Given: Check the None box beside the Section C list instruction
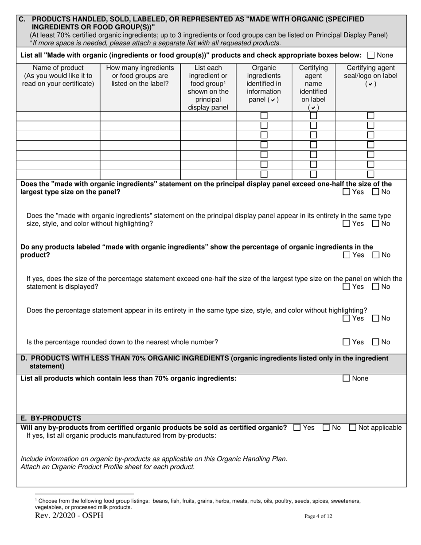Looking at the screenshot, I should pyautogui.click(x=371, y=55).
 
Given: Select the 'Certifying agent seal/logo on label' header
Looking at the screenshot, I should pyautogui.click(x=370, y=76).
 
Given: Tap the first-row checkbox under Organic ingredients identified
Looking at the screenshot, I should pyautogui.click(x=264, y=116).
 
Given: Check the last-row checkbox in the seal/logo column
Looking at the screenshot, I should pyautogui.click(x=370, y=174).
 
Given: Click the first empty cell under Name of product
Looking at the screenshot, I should pyautogui.click(x=58, y=116).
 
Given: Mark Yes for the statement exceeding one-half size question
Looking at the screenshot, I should pyautogui.click(x=347, y=192).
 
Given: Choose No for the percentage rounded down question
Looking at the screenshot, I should pyautogui.click(x=376, y=342).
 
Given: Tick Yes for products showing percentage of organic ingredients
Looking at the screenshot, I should pyautogui.click(x=347, y=255).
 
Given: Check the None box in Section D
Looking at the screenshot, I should pyautogui.click(x=347, y=378).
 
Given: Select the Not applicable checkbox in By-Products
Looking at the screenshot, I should pyautogui.click(x=353, y=428).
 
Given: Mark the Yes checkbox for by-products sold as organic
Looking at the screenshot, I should pyautogui.click(x=297, y=428).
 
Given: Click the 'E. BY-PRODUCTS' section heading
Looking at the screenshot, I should pyautogui.click(x=51, y=418).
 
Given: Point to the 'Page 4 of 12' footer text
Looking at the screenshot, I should pyautogui.click(x=318, y=516).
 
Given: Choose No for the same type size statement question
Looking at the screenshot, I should pyautogui.click(x=376, y=224).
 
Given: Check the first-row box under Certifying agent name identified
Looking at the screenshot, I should pyautogui.click(x=313, y=116).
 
